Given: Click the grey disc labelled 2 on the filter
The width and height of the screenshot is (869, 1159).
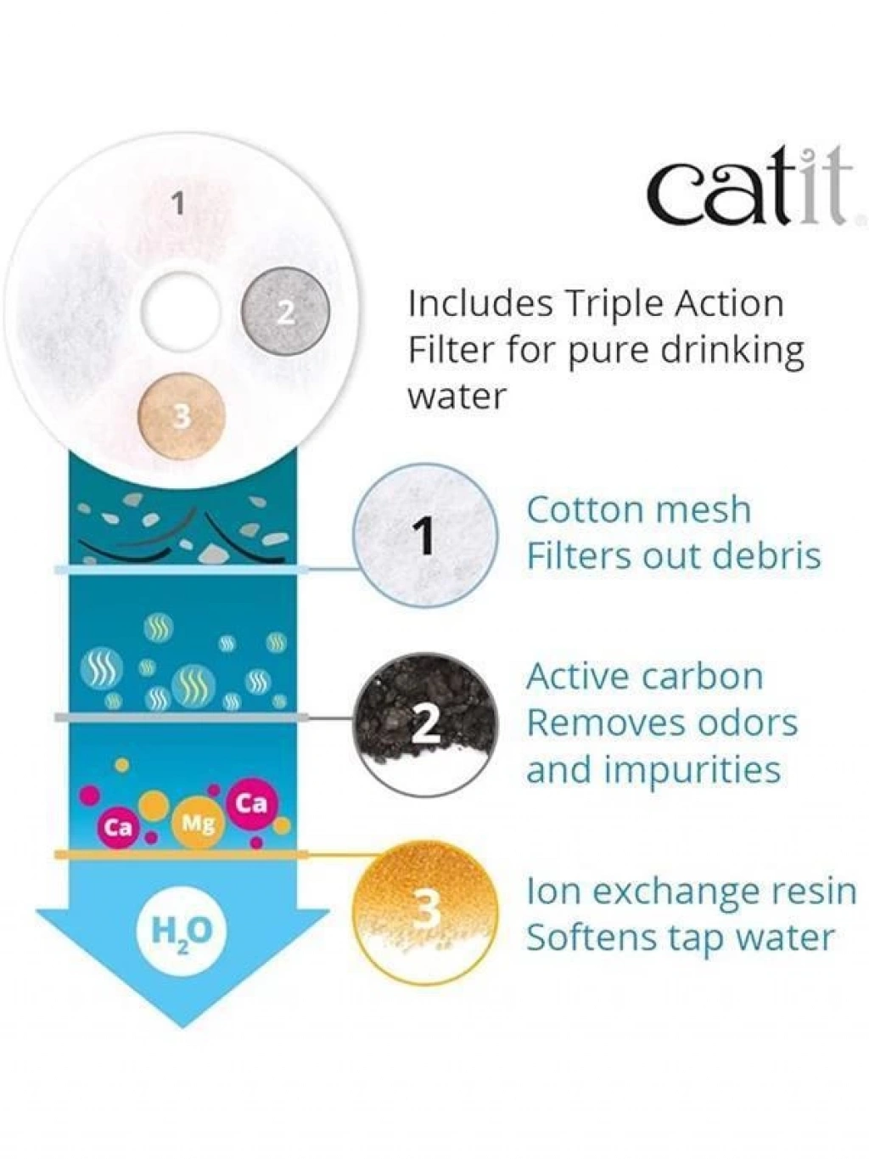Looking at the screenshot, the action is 285,312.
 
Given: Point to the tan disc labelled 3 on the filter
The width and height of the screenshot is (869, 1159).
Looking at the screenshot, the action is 182,417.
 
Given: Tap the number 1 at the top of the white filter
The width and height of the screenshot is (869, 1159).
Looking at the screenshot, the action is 180,205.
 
